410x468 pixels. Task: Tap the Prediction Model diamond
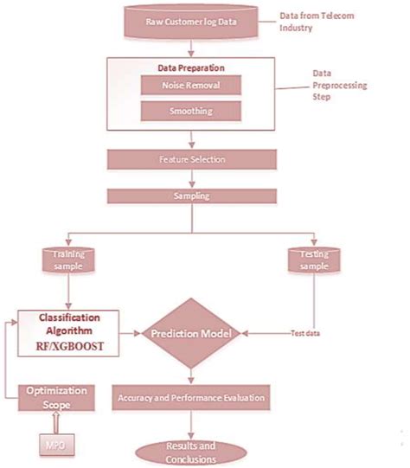click(189, 334)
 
